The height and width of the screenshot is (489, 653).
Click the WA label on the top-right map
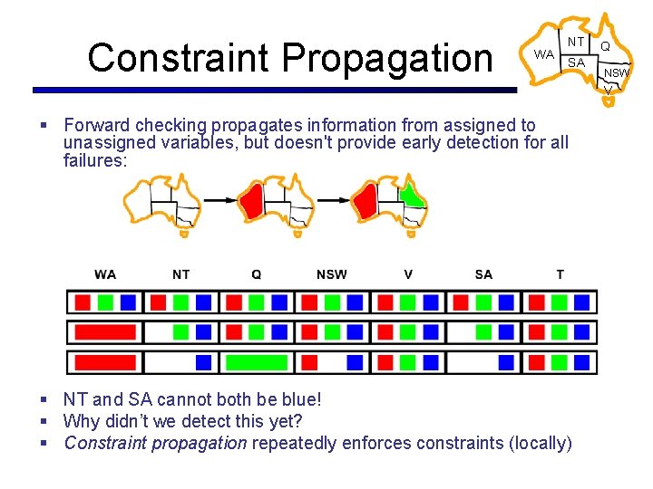[x=543, y=54]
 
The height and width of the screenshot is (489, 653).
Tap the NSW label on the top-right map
[x=618, y=72]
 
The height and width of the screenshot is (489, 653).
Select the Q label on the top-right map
[x=604, y=45]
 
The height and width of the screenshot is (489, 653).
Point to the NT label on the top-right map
[x=576, y=42]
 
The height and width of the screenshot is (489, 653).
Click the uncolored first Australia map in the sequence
[x=162, y=204]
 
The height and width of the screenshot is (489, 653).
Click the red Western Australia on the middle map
[x=251, y=201]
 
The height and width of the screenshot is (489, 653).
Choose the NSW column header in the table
[x=331, y=274]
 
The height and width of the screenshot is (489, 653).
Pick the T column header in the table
[x=560, y=274]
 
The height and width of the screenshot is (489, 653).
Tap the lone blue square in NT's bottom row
[x=204, y=362]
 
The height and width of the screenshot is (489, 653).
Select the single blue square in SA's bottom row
[x=506, y=362]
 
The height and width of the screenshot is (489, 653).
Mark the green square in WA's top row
[x=105, y=302]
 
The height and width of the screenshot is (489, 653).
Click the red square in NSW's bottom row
[x=309, y=362]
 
